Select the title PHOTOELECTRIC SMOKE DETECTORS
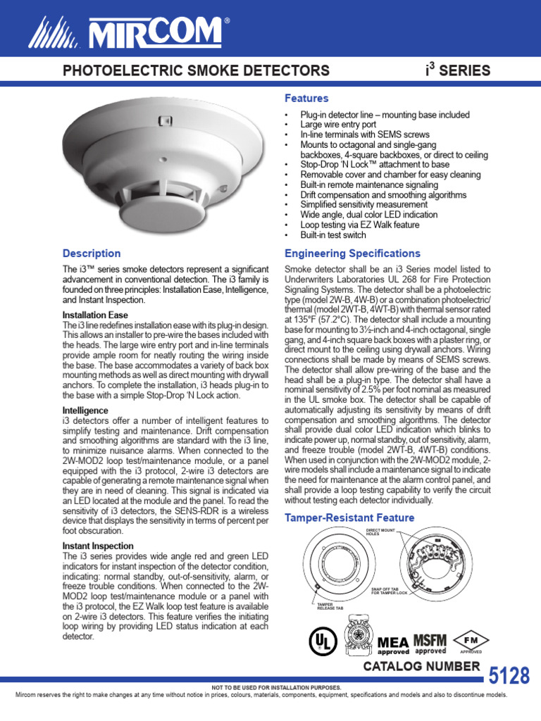197,70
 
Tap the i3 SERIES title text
458,70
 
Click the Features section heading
306,99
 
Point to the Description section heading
92,253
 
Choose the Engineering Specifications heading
352,253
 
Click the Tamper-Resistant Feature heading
349,518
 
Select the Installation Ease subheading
95,315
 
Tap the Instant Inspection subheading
98,546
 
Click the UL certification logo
321,640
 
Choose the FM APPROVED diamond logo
470,640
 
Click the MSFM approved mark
430,644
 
